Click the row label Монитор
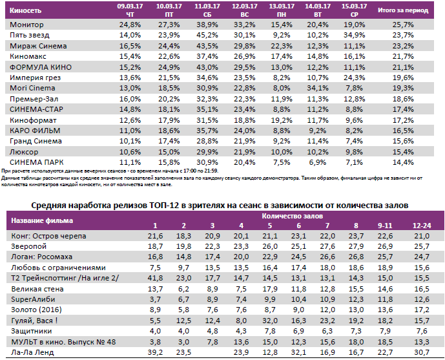[27, 24]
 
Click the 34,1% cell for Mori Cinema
[315, 87]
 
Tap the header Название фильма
[42, 221]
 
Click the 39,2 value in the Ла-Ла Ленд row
[156, 353]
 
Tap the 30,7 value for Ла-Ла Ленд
[421, 353]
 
